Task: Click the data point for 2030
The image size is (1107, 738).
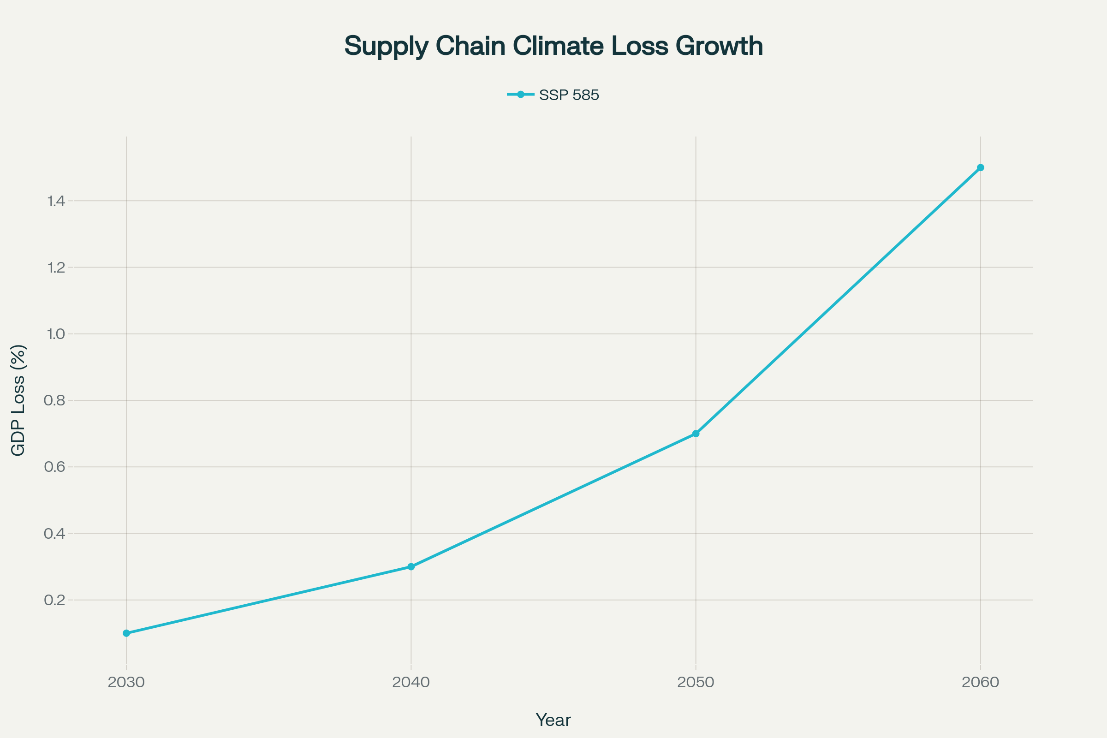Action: (x=126, y=633)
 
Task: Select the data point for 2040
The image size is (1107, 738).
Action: (x=411, y=567)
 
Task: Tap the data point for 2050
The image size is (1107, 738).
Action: (x=696, y=434)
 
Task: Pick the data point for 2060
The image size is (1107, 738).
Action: (x=981, y=167)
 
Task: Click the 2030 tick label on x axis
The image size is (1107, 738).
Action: (x=126, y=683)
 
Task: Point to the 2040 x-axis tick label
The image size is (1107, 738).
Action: (x=411, y=683)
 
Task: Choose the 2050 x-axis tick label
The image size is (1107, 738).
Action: (x=696, y=683)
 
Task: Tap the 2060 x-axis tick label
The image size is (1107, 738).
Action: (x=981, y=683)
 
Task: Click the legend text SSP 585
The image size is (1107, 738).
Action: (x=569, y=95)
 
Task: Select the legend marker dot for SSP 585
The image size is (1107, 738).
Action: (x=521, y=95)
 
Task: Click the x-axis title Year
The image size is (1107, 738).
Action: (x=553, y=720)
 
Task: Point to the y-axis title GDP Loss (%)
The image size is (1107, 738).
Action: (x=18, y=400)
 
